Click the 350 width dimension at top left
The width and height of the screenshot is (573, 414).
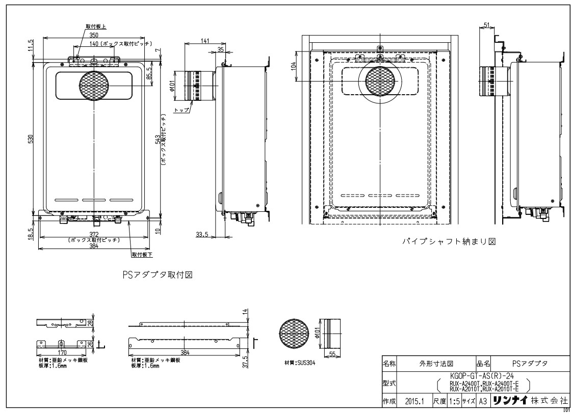(x=93, y=35)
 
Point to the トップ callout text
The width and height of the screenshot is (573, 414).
(x=181, y=110)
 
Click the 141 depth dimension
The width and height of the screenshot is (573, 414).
(x=203, y=41)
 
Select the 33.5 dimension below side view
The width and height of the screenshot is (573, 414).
(x=202, y=234)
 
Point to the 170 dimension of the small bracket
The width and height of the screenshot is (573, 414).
(x=61, y=351)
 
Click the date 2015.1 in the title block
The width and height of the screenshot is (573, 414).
(x=412, y=401)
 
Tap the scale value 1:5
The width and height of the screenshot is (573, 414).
(x=455, y=401)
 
